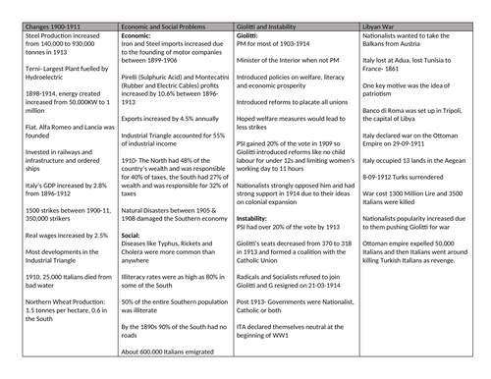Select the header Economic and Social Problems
pos(162,7)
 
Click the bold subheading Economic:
pos(137,18)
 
